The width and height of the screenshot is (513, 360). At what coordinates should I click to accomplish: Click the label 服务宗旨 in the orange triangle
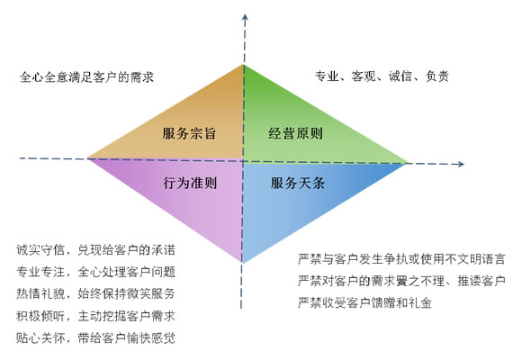pyautogui.click(x=189, y=133)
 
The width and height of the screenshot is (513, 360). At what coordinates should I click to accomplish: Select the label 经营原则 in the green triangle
pyautogui.click(x=296, y=133)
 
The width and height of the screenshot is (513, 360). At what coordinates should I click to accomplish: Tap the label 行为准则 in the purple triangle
pyautogui.click(x=190, y=183)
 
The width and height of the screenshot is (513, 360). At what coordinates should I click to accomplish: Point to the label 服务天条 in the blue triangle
pyautogui.click(x=298, y=183)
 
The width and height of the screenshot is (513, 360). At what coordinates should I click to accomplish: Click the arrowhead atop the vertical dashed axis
pyautogui.click(x=245, y=17)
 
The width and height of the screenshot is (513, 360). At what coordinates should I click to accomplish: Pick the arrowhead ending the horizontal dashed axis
pyautogui.click(x=461, y=164)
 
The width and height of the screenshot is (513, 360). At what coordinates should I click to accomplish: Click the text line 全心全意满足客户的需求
pyautogui.click(x=86, y=77)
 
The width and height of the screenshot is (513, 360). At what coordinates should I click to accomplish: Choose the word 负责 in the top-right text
pyautogui.click(x=436, y=76)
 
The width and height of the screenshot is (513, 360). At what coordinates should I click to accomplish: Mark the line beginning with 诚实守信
pyautogui.click(x=96, y=250)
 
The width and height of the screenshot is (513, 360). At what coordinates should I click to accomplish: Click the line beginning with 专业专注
pyautogui.click(x=96, y=272)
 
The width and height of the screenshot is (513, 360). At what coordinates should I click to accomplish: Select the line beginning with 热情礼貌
pyautogui.click(x=96, y=293)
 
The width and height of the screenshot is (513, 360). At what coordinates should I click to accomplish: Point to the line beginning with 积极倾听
pyautogui.click(x=96, y=316)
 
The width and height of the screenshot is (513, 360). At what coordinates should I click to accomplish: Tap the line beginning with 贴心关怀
pyautogui.click(x=96, y=337)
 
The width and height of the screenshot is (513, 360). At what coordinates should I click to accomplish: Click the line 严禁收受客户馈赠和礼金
pyautogui.click(x=364, y=302)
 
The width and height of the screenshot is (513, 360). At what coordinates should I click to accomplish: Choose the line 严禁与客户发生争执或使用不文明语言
pyautogui.click(x=401, y=259)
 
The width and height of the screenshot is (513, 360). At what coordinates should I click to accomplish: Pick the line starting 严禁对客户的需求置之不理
pyautogui.click(x=401, y=281)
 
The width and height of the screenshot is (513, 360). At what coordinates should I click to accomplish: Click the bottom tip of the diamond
pyautogui.click(x=242, y=263)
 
